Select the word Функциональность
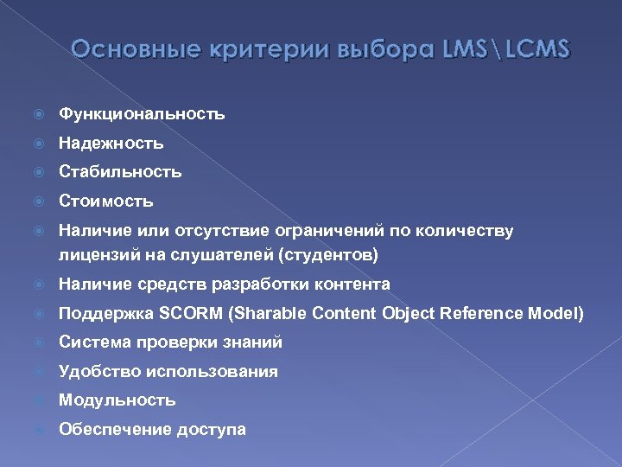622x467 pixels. [142, 113]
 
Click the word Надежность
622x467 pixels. [111, 143]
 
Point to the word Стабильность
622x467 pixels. [120, 171]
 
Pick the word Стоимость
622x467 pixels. [105, 201]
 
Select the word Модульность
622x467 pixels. [117, 400]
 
